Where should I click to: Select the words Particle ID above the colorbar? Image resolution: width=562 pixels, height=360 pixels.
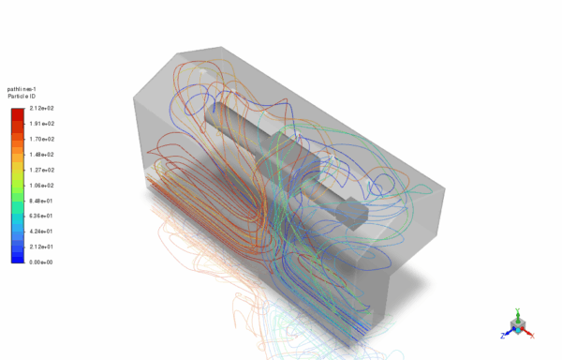pos(22,97)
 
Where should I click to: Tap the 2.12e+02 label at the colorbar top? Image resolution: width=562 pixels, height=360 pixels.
pos(42,109)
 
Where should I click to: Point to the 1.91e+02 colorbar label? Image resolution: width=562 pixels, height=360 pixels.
pos(42,124)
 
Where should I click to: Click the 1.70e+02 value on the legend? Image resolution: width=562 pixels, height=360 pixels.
pos(42,139)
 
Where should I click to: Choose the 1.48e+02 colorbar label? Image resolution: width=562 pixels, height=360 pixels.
pos(42,155)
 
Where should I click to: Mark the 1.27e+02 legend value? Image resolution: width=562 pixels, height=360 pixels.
pos(42,170)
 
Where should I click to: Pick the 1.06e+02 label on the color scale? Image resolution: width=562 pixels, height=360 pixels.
pos(42,186)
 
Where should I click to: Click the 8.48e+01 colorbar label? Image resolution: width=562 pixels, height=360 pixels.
pos(42,201)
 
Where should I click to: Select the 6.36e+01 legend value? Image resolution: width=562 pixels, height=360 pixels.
pos(42,216)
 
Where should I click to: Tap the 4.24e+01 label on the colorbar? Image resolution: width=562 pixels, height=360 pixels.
pos(42,232)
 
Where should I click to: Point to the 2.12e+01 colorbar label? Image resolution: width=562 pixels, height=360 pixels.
pos(42,247)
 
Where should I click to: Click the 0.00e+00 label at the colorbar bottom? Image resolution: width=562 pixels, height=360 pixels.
pos(42,262)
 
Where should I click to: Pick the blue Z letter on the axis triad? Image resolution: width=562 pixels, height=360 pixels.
pos(503,333)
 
